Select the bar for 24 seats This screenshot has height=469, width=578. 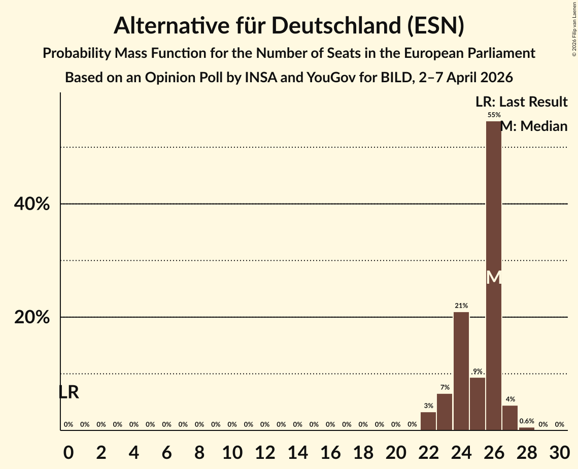(461, 371)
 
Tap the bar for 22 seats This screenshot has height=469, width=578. (428, 421)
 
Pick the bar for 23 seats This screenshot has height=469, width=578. (445, 412)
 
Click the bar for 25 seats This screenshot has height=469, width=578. (478, 404)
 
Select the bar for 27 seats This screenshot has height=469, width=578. (510, 418)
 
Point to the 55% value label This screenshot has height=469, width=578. (494, 115)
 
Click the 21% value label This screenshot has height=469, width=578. (461, 306)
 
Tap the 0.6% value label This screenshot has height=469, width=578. (527, 421)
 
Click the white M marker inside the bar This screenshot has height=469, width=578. (494, 277)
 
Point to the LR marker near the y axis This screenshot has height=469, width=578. (69, 392)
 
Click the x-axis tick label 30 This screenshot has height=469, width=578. (559, 451)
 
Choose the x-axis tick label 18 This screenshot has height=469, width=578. (363, 451)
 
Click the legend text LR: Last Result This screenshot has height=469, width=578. (521, 102)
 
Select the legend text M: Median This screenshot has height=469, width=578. (534, 126)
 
